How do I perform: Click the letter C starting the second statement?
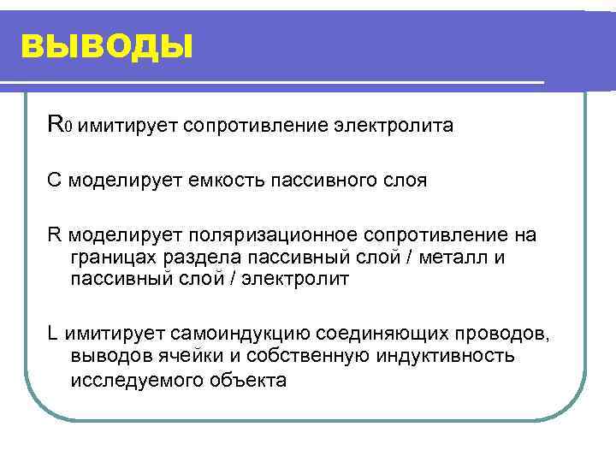click(x=54, y=181)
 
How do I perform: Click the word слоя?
click(x=405, y=181)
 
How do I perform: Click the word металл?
click(x=447, y=258)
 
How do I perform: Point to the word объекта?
click(x=248, y=379)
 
